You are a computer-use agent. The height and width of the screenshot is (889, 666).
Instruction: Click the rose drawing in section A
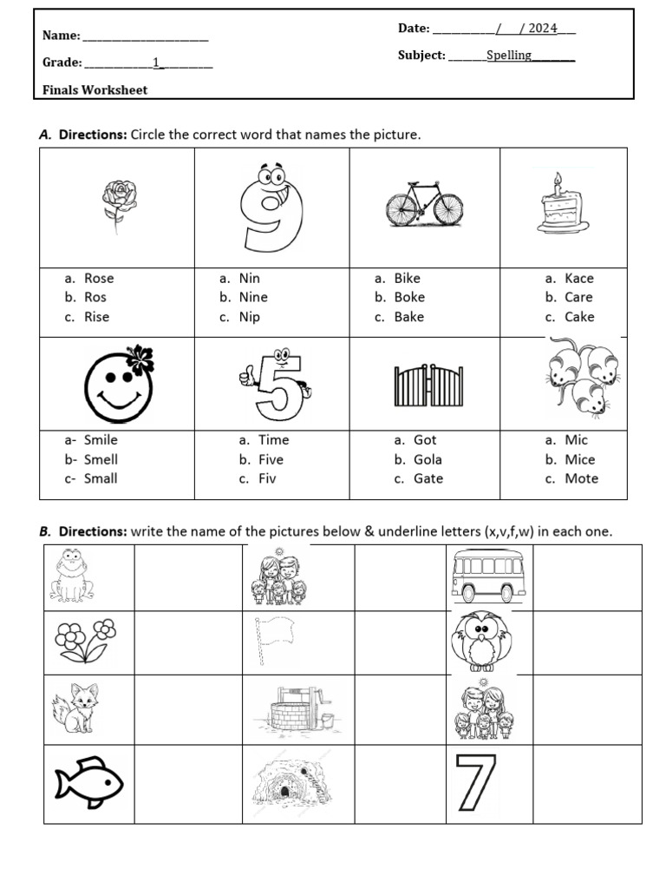119,205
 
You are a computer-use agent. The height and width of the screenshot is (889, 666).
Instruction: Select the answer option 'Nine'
253,297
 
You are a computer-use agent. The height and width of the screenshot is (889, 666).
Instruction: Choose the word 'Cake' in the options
579,317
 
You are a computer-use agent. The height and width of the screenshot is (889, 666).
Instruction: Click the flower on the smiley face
140,358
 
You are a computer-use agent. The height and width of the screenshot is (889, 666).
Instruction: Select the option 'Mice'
580,459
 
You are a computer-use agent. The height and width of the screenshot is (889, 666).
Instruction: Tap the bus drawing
488,576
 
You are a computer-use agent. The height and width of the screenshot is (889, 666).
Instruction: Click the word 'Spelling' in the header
509,56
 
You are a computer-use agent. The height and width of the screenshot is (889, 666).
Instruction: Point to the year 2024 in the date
543,29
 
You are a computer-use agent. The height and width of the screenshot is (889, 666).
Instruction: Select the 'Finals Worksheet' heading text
95,90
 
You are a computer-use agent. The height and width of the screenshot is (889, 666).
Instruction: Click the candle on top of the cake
558,183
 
